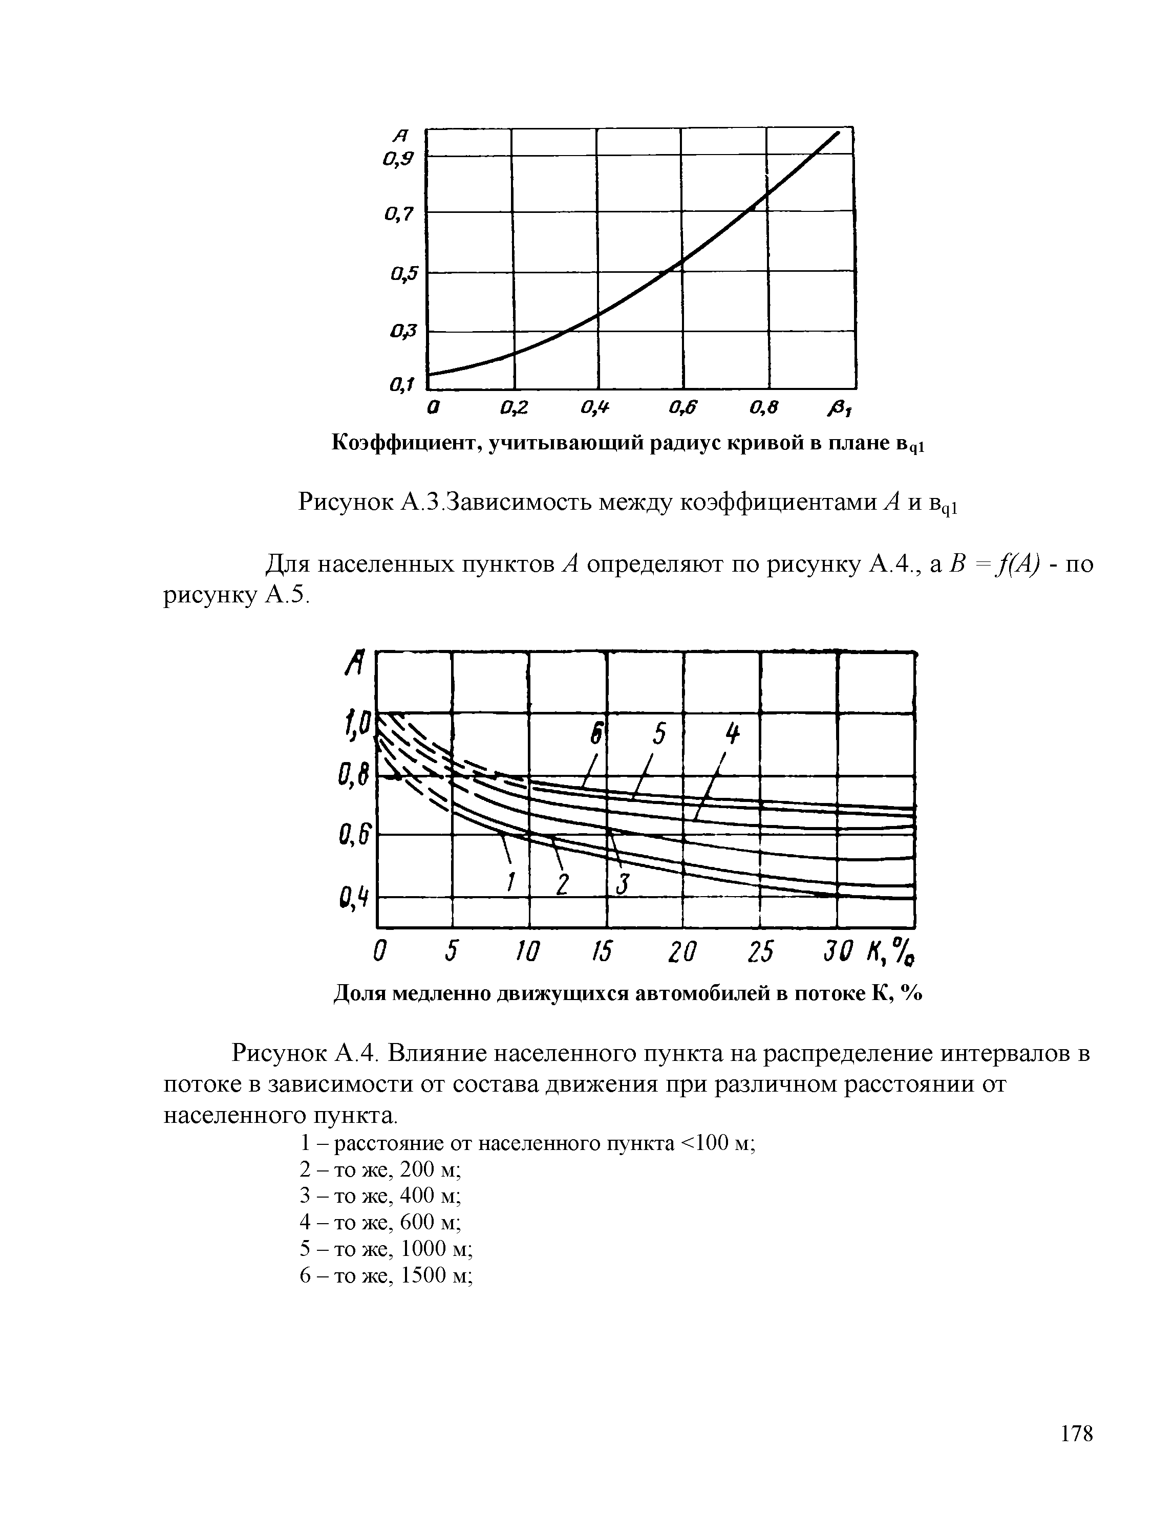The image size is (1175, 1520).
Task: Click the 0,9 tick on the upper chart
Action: [398, 159]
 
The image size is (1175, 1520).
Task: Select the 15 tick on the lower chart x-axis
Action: [602, 952]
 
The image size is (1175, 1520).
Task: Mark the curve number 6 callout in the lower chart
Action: [596, 737]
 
